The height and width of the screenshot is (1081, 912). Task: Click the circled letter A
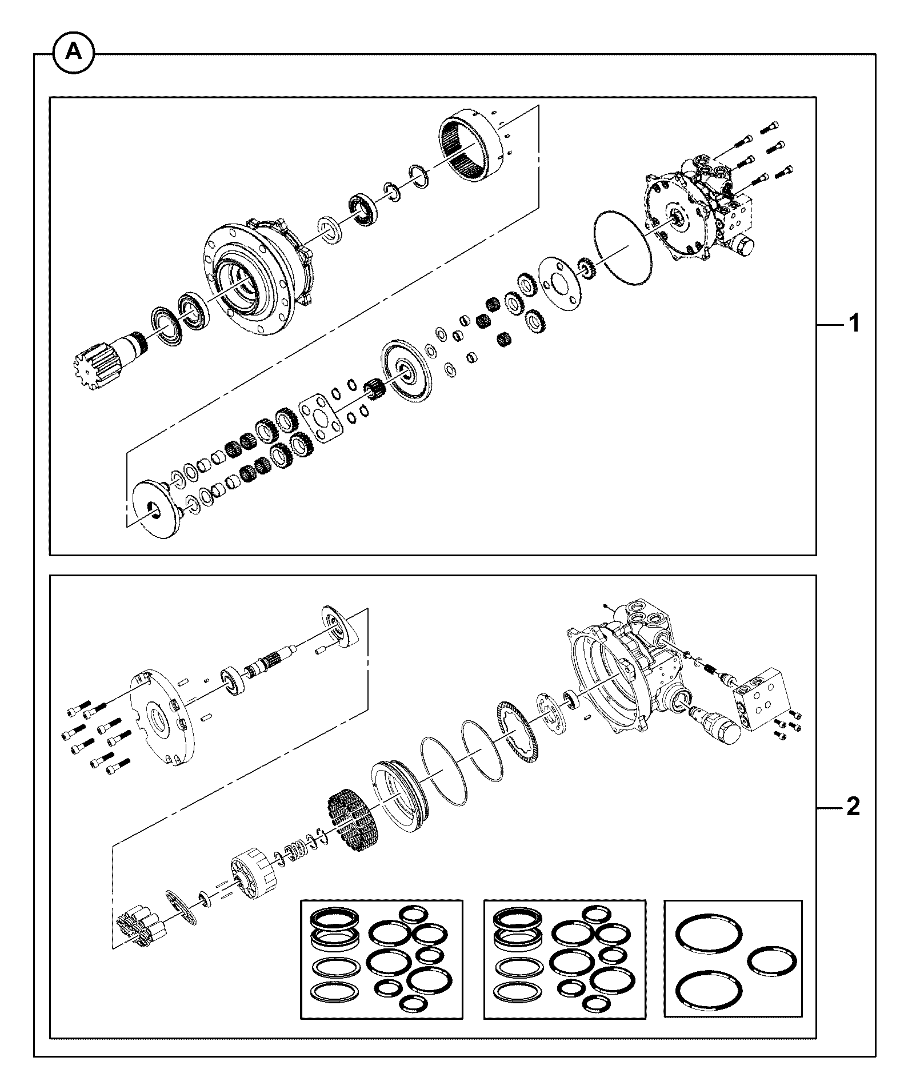coord(73,53)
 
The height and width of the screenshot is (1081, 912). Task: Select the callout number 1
coord(853,324)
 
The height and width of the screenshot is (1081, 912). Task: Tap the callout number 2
coord(852,807)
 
